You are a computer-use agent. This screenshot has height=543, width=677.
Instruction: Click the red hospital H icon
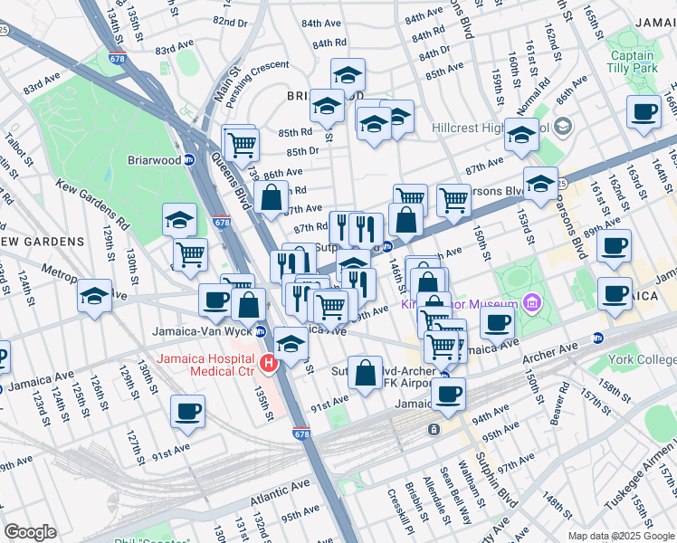pos(268,364)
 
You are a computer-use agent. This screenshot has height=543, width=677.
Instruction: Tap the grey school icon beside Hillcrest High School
pos(563,125)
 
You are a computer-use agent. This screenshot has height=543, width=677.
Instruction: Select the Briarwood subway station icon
pos(190,159)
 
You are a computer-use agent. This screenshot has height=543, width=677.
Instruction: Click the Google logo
pos(30,532)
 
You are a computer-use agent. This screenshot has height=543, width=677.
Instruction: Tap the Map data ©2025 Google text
pos(621,536)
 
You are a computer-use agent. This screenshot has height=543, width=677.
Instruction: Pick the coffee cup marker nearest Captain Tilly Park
pos(644,112)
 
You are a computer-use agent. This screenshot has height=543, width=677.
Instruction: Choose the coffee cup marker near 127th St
pos(187,411)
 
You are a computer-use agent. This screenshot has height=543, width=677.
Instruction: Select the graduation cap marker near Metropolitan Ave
pos(94,296)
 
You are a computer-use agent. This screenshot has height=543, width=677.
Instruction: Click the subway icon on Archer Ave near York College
pos(597,338)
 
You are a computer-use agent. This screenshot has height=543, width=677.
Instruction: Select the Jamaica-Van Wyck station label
pos(205,331)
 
